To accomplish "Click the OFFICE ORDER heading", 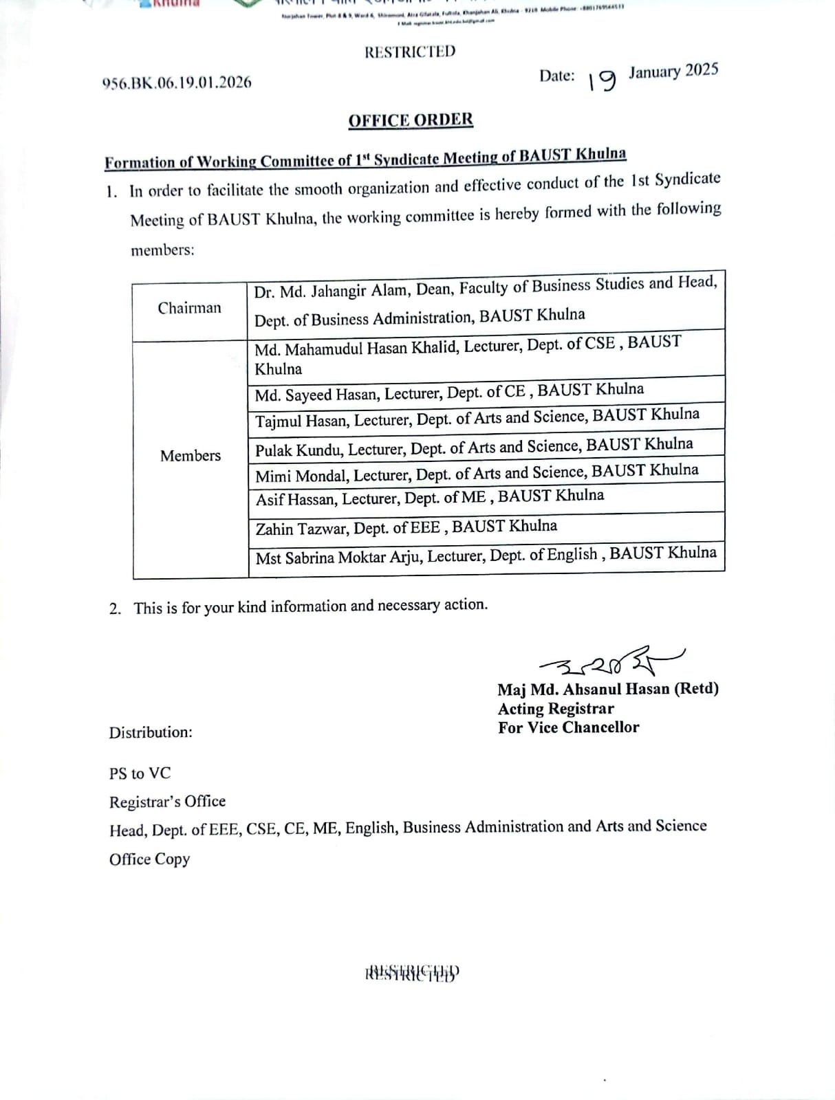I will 411,120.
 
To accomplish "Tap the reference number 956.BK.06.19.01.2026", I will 177,82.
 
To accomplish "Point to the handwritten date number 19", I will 601,80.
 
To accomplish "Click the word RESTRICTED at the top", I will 410,52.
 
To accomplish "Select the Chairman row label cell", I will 189,308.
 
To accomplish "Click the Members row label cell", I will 191,456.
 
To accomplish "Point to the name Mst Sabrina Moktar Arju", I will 338,558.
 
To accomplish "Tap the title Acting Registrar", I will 556,709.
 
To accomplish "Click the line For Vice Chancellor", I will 569,727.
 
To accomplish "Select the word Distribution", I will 151,732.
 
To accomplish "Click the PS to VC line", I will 140,773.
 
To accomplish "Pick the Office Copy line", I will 149,859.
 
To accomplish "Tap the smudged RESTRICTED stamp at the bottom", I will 412,973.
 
